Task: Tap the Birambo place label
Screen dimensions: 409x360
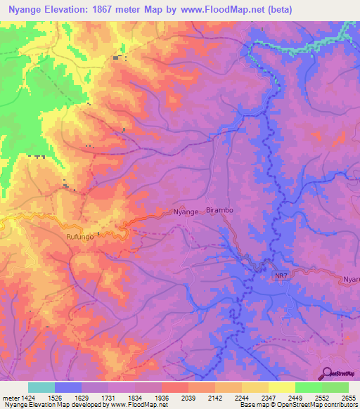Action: [x=219, y=210]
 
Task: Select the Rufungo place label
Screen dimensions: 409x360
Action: [x=80, y=238]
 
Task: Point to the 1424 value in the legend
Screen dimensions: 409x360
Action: [x=28, y=397]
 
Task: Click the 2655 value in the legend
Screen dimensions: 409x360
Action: [x=349, y=397]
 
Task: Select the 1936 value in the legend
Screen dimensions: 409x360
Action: [x=162, y=397]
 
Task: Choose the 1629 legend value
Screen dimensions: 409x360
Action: [x=82, y=397]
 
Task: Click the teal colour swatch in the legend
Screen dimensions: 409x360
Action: [x=41, y=387]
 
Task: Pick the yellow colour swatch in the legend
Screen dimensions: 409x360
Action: [x=281, y=387]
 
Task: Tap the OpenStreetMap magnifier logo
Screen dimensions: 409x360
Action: [x=326, y=372]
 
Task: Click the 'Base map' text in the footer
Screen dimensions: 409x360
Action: [x=253, y=405]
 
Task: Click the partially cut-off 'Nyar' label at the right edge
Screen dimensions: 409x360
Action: [x=351, y=279]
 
